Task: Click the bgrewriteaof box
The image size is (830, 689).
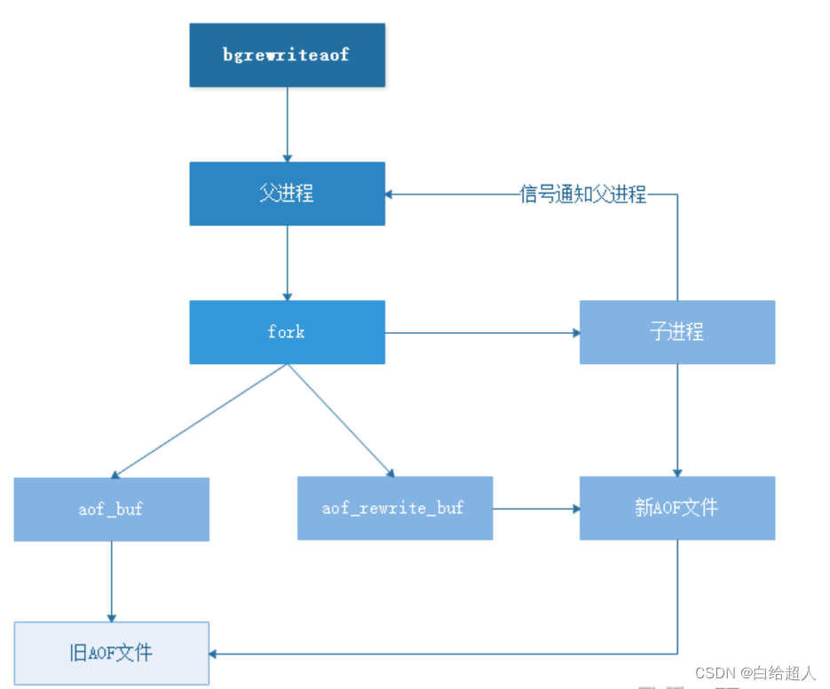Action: (287, 55)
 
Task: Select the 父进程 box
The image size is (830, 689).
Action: (287, 194)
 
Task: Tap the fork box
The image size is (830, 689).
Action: (287, 332)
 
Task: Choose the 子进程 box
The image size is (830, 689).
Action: (676, 332)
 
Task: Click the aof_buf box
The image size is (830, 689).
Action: (111, 509)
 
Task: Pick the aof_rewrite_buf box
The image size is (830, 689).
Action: (394, 508)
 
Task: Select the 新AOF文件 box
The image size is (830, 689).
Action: (676, 508)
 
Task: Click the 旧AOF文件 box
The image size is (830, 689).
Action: (111, 653)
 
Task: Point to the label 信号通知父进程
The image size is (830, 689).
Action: (583, 194)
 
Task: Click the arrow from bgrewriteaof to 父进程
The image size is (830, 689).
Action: (287, 124)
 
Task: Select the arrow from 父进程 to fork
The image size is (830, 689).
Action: (287, 263)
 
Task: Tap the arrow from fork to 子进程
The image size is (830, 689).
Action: (482, 333)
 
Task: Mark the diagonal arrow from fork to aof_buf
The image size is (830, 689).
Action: (200, 421)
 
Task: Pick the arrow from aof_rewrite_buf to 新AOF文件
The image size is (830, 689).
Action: (536, 509)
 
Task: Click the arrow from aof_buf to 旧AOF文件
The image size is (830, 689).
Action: (111, 582)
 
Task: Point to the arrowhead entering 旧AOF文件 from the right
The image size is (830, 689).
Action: (215, 654)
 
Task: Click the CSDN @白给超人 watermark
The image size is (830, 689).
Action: (754, 672)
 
